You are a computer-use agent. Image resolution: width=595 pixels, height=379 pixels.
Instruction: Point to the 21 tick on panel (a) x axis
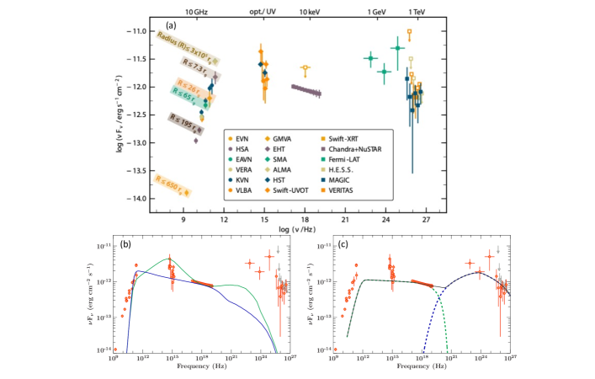click(345, 219)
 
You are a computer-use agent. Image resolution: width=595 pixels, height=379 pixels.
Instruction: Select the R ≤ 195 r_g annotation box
click(187, 121)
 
